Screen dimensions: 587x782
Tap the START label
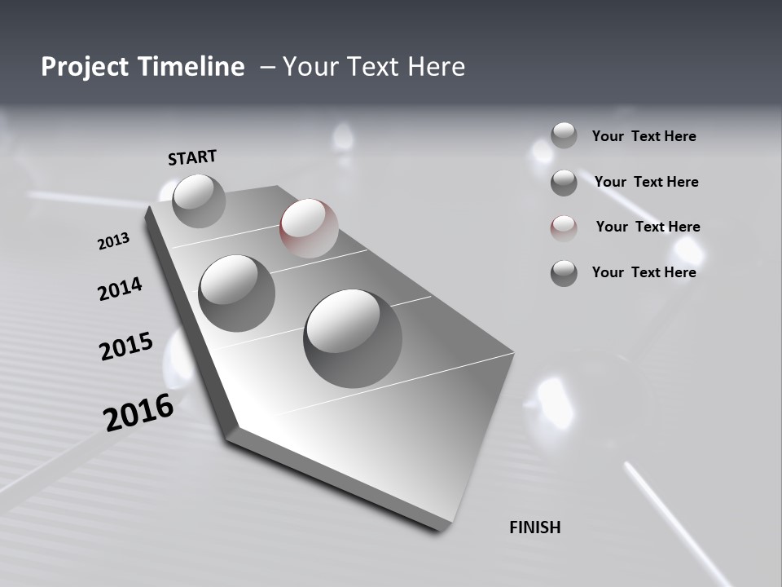192,157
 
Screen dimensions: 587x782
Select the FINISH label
534,527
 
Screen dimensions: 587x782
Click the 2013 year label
114,241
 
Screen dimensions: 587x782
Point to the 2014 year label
120,289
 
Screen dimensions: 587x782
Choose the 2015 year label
126,346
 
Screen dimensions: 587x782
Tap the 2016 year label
138,413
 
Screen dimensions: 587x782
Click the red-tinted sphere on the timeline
309,227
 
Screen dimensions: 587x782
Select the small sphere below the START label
199,201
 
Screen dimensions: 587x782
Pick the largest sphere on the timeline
353,338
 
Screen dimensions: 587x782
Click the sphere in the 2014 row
237,293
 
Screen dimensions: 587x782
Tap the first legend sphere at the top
564,135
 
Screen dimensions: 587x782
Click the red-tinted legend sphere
564,227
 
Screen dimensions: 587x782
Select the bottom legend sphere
564,273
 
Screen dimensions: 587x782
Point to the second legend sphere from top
564,182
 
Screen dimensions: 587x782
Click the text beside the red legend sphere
648,227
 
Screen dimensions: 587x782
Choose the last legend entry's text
644,272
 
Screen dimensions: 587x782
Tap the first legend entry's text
644,136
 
